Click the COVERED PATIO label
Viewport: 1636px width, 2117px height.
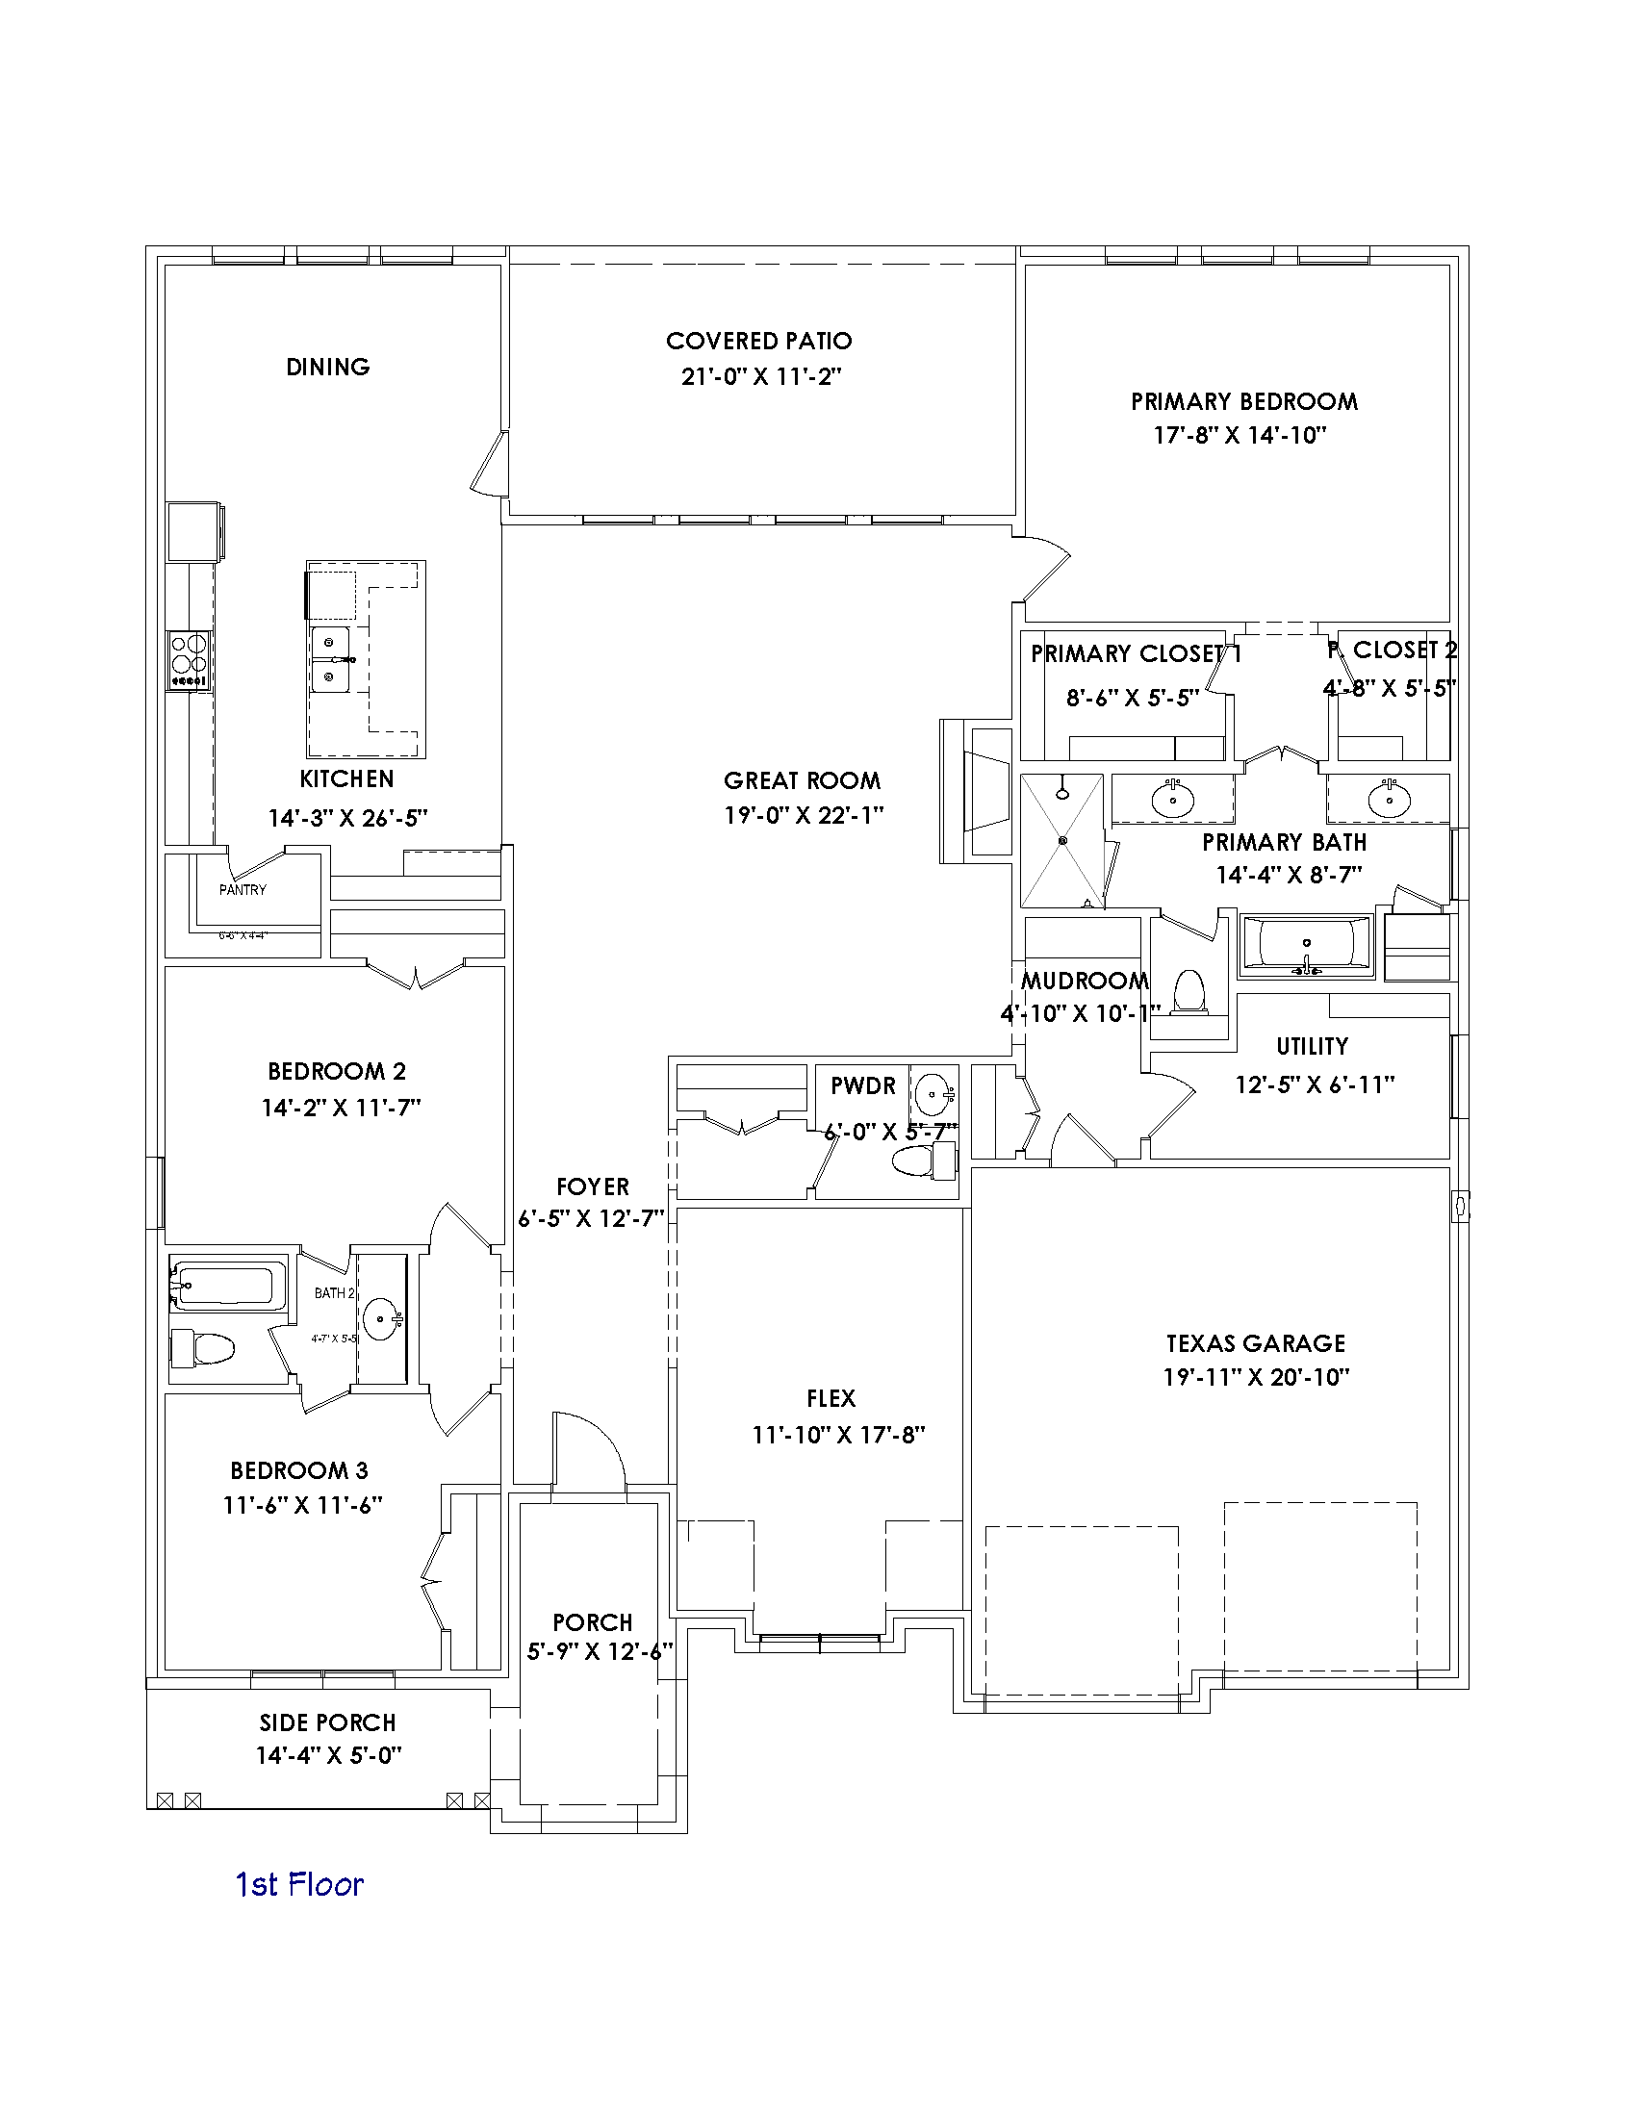click(759, 342)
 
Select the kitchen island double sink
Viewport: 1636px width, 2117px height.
click(331, 659)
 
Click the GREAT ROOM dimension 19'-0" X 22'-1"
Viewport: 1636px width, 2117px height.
click(804, 815)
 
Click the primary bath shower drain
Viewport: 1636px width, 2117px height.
click(1062, 840)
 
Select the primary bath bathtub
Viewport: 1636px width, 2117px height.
click(1306, 942)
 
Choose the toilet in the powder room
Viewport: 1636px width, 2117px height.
click(921, 1161)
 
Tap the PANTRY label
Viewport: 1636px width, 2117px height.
click(243, 890)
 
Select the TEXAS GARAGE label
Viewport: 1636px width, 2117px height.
click(1255, 1343)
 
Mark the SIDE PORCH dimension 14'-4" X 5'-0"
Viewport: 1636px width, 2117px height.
click(328, 1755)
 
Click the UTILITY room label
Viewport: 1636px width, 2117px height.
click(1313, 1046)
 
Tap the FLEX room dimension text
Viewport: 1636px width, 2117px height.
click(838, 1435)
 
